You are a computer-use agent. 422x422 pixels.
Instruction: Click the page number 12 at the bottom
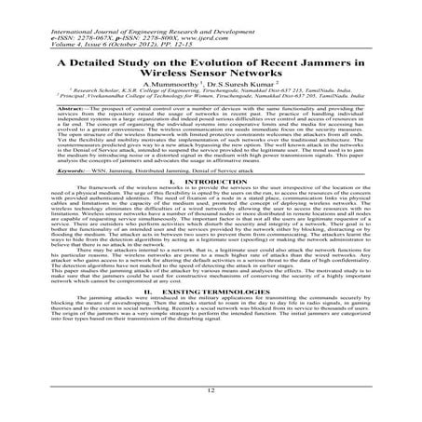(211, 394)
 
